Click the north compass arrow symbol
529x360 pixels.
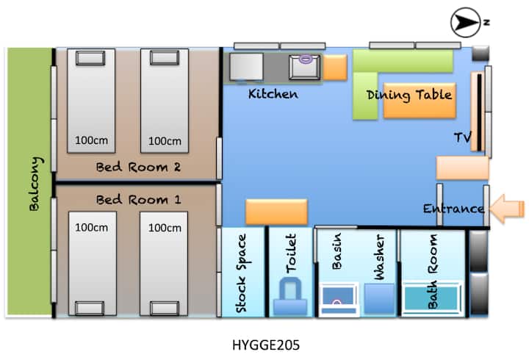tap(466, 22)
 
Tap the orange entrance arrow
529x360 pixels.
tap(506, 209)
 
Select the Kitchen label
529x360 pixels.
tap(273, 94)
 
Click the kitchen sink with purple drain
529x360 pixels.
tap(305, 67)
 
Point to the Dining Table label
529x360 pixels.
tap(409, 96)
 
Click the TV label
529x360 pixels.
tap(462, 137)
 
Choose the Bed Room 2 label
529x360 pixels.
tap(138, 167)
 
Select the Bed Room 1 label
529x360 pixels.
tap(139, 200)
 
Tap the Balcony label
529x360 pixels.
tap(36, 184)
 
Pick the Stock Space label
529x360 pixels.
tap(242, 273)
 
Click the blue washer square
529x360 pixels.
tap(379, 298)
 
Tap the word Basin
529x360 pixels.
tap(337, 251)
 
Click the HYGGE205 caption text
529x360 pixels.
tap(266, 345)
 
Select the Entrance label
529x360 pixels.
tap(454, 209)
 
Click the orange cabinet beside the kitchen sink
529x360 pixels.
tap(335, 68)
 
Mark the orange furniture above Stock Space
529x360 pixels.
tap(277, 212)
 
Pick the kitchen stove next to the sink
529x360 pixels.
tap(246, 67)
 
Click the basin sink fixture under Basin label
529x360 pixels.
tap(339, 299)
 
